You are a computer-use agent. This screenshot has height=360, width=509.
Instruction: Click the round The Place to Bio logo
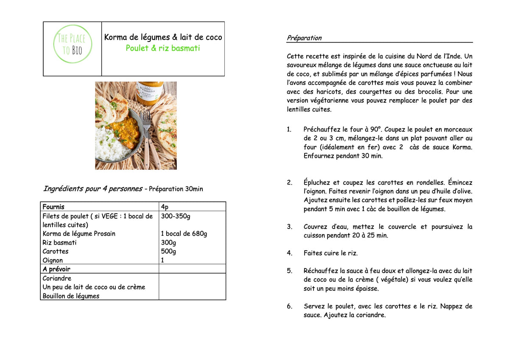coord(72,45)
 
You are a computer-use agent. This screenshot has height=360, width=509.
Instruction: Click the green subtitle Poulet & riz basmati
coord(162,48)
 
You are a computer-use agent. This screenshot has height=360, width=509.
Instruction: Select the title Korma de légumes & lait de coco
coord(163,37)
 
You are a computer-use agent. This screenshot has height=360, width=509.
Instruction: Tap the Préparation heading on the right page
coord(304,38)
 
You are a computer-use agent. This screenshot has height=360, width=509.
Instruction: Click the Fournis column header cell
coord(53,207)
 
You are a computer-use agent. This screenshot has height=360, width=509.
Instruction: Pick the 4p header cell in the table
coord(165,207)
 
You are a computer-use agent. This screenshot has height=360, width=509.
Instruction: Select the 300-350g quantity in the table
coord(176,216)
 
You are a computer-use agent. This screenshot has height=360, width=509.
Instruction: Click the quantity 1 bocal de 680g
coord(184,234)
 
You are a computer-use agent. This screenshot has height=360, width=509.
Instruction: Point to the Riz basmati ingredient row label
coord(60,243)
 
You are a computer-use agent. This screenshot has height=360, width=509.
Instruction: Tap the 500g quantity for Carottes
coord(168,251)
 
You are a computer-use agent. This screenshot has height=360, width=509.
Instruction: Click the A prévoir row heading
coord(56,269)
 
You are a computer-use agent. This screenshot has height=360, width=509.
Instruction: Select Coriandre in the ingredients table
coord(57,279)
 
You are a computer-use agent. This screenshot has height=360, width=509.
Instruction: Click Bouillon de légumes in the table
coord(71,296)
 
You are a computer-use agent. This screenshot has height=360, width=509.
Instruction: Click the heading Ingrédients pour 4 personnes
coord(92,189)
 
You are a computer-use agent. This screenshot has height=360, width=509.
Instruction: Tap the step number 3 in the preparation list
coord(289,227)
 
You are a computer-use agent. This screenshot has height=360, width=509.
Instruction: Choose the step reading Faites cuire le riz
coord(330,253)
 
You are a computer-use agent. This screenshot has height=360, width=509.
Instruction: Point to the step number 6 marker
coord(289,306)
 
